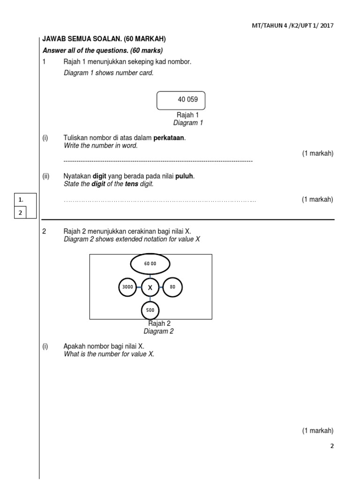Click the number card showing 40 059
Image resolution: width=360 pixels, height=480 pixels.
click(x=180, y=100)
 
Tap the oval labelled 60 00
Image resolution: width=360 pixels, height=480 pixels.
click(x=150, y=264)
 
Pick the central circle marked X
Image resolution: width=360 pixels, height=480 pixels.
click(x=150, y=287)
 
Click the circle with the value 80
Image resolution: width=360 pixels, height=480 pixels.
click(x=172, y=287)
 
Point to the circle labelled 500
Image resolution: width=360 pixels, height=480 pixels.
click(x=150, y=310)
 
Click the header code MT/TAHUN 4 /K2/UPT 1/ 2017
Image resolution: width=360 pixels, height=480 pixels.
click(x=292, y=26)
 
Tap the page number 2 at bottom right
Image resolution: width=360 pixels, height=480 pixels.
click(x=332, y=446)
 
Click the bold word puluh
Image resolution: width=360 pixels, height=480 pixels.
click(x=184, y=176)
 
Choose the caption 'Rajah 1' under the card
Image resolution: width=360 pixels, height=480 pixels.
click(x=187, y=115)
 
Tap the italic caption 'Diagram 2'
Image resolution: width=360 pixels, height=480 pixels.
click(x=158, y=331)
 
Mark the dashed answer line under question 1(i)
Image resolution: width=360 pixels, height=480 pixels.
click(x=158, y=161)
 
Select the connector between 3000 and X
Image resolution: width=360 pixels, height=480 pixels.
click(x=139, y=287)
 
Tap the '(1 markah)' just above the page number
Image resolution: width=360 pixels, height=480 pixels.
click(x=317, y=431)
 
